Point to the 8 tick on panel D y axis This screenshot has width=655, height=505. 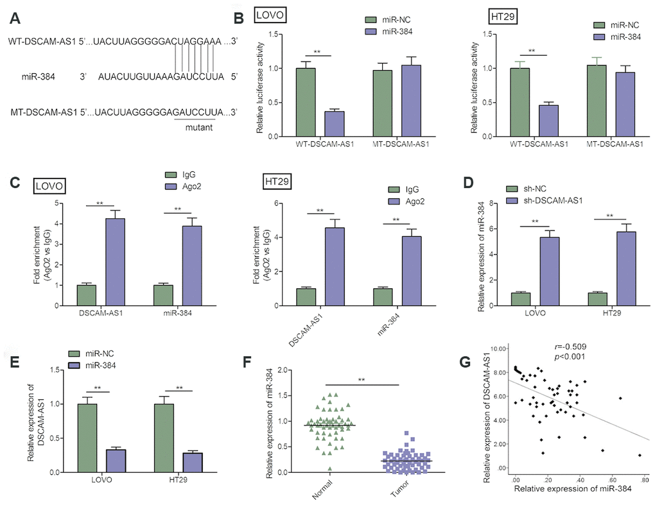click(489, 203)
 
